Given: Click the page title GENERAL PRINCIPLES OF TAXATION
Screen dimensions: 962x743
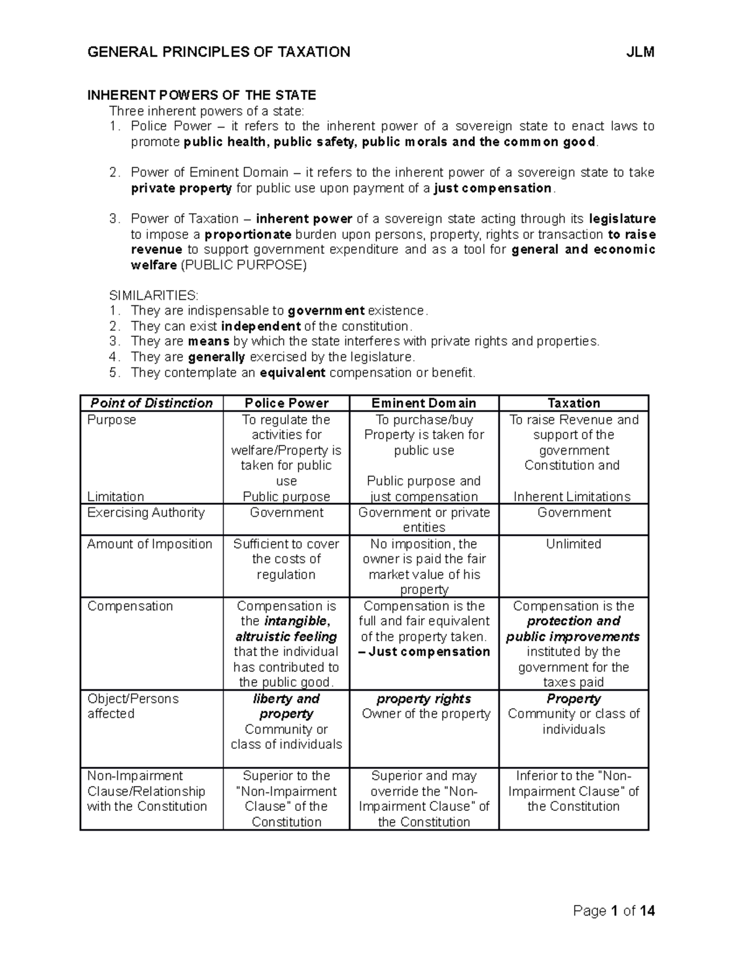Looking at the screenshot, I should [x=219, y=52].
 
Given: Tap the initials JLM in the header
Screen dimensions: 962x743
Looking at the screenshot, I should [x=640, y=52].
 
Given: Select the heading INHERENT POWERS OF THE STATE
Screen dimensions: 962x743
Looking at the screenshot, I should [x=202, y=95].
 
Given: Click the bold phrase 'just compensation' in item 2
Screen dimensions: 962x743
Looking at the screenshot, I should [x=493, y=188].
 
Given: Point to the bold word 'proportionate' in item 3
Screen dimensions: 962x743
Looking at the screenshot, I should [x=248, y=235].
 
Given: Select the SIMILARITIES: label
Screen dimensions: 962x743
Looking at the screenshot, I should [x=154, y=295].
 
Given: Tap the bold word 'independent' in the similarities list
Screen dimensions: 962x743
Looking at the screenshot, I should [x=261, y=326].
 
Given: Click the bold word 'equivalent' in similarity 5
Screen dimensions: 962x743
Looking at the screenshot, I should [x=292, y=373].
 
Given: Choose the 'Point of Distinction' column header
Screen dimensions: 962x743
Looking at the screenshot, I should [x=152, y=403].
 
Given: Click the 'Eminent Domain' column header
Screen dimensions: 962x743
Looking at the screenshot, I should [x=424, y=403].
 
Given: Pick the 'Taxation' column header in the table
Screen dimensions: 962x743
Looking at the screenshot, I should [x=574, y=403].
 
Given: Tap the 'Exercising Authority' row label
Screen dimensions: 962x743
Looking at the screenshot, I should [x=146, y=513].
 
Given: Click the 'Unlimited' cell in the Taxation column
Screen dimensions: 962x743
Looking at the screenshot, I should [x=574, y=544].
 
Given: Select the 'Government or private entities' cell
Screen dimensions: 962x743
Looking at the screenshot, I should [x=424, y=520].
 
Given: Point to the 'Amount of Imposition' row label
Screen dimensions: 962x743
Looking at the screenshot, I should [x=150, y=544].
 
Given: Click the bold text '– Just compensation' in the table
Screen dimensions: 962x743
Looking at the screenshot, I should [x=424, y=652].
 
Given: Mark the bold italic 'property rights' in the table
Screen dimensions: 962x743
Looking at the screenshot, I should [x=424, y=699].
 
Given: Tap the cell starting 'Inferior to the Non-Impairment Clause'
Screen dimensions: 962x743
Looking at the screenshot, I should [x=574, y=791].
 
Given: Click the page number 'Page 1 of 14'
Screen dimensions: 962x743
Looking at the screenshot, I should [x=614, y=911].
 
